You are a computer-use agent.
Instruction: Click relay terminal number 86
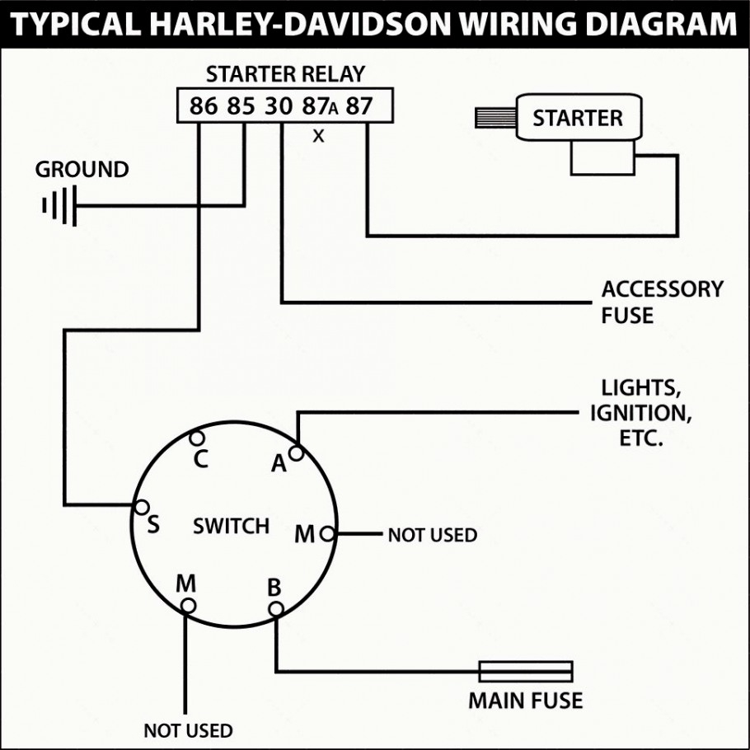pos(204,106)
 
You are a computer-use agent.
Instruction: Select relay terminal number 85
pos(242,106)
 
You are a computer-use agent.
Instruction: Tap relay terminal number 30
pos(279,106)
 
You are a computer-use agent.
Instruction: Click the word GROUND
pos(82,170)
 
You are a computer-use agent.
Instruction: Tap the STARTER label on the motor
pos(577,118)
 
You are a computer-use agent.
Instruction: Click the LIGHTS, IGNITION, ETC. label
pos(640,412)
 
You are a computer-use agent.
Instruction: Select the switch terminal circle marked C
pos(197,438)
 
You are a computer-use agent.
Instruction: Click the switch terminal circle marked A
pos(296,452)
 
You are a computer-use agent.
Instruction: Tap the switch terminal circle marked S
pos(142,507)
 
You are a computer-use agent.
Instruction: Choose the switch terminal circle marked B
pos(276,608)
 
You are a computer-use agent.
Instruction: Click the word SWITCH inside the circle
pos(231,526)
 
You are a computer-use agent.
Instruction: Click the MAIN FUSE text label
pos(525,701)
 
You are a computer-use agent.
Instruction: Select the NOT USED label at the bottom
pos(188,730)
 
